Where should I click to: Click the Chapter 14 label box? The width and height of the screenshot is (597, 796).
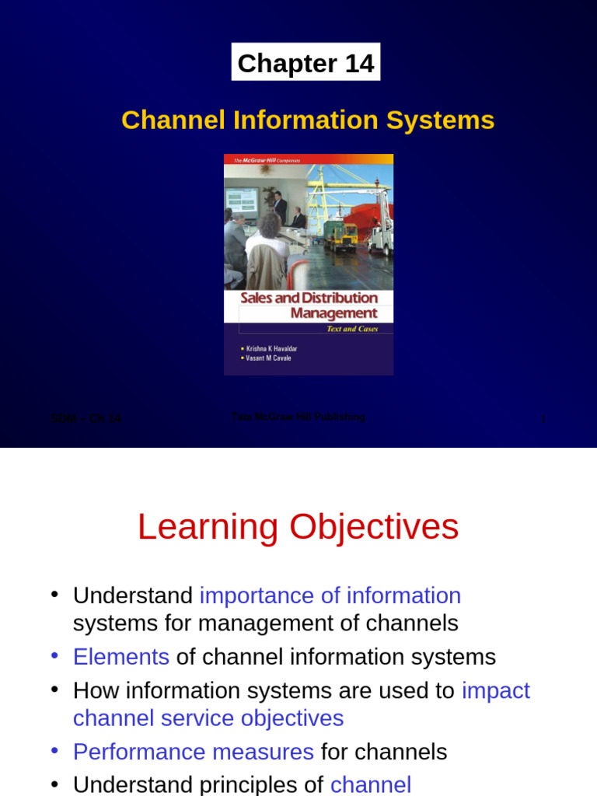coord(305,63)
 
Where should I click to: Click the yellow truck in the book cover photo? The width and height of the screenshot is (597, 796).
coord(340,235)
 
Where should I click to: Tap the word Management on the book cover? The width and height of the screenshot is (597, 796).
coord(333,313)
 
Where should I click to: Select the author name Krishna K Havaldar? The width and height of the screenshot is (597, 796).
coord(271,349)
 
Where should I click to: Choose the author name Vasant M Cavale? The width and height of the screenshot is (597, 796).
coord(268,358)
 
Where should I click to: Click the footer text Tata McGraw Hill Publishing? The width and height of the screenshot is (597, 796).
coord(298,417)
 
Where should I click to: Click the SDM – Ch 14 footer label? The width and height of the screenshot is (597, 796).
coord(86,419)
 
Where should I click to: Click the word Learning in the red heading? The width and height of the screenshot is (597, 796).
coord(208,528)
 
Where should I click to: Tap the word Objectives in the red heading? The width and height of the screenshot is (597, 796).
coord(374,528)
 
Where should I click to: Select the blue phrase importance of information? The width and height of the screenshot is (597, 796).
coord(330,595)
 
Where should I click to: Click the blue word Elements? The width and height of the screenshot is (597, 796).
coord(121,657)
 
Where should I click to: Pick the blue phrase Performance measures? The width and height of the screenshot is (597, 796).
coord(194,752)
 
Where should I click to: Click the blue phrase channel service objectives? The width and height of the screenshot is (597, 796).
coord(208,717)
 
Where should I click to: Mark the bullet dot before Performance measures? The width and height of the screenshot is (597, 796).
coord(54,750)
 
